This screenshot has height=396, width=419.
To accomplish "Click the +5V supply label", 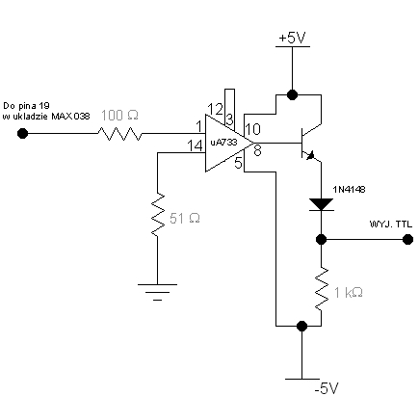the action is tap(292, 39).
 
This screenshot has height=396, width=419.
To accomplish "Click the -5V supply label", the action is tap(327, 388).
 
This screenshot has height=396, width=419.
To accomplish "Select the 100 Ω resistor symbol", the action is tap(119, 134).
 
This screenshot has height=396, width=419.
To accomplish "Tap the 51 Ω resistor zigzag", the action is tap(157, 215).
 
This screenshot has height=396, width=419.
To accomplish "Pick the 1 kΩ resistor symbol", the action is tap(321, 289).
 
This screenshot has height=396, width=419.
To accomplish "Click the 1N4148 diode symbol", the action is tap(321, 204).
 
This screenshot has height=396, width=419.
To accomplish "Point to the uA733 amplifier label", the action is tap(223, 143).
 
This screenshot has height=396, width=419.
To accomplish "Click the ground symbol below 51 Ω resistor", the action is tap(157, 292).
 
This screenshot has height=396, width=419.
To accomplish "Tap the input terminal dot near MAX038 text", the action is tap(22, 133).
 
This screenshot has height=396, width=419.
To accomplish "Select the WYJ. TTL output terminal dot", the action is tap(407, 239).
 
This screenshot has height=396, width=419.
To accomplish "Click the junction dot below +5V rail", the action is tap(292, 94).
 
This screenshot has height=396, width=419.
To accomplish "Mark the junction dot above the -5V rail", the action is tap(301, 326).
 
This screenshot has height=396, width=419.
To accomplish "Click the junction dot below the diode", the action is tap(321, 239).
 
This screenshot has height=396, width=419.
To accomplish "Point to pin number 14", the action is tap(195, 146).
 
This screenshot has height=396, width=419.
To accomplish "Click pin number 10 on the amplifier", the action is tap(252, 129).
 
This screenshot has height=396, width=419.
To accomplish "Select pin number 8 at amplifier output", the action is tap(257, 150).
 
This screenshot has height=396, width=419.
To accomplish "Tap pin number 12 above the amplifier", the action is tap(215, 109).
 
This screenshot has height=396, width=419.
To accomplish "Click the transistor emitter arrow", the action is tap(310, 156).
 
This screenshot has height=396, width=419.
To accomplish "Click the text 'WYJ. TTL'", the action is tap(391, 224).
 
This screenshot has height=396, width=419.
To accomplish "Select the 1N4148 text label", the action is tap(349, 190).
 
